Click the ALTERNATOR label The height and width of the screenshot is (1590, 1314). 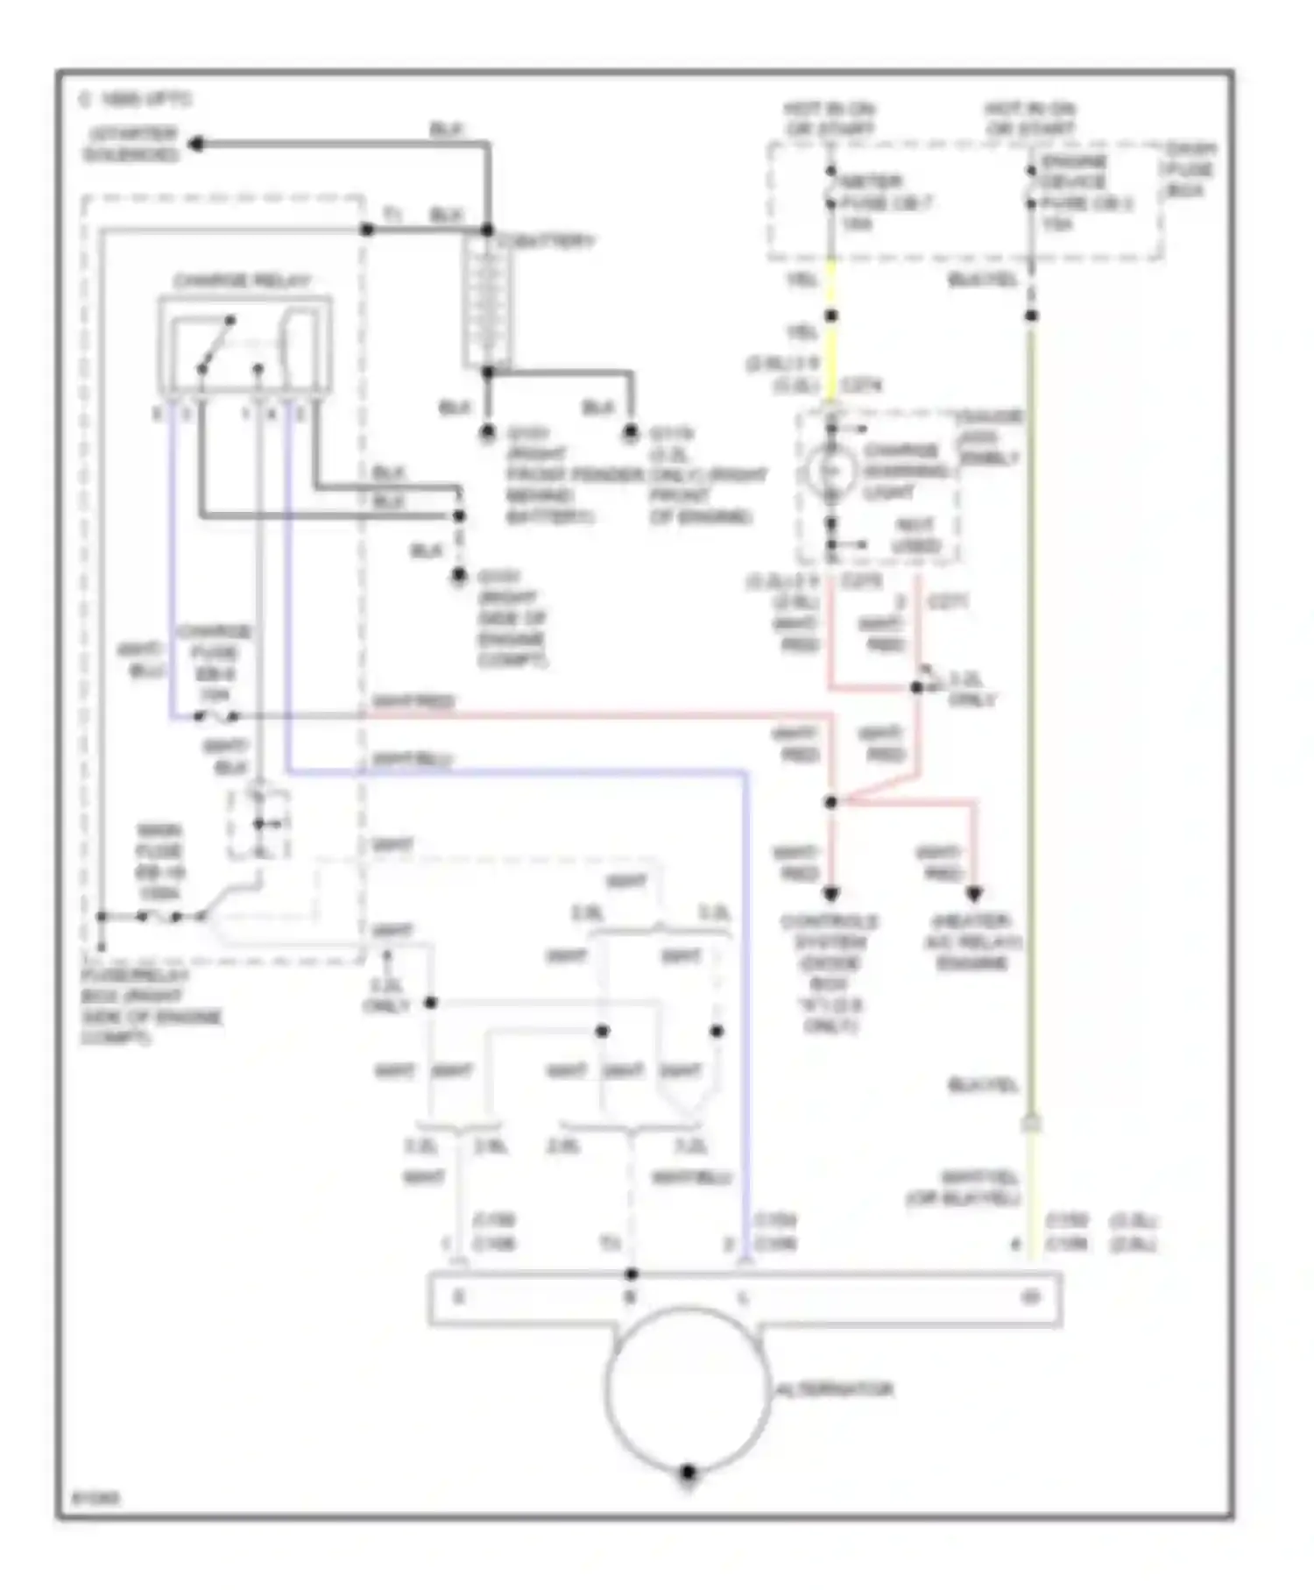[x=835, y=1389]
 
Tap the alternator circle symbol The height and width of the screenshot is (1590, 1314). [x=688, y=1389]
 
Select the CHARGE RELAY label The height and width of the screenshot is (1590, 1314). [x=242, y=282]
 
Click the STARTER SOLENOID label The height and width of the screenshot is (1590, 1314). [x=131, y=145]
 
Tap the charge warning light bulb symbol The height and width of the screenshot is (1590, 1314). [x=830, y=471]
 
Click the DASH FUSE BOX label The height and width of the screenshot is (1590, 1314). [x=1189, y=170]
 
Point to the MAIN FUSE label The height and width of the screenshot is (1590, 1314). [x=159, y=862]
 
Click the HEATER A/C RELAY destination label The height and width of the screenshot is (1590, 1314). [x=972, y=942]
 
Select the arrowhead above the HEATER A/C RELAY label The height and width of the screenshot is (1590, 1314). [x=973, y=894]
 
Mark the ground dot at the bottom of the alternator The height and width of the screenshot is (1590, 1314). [x=688, y=1473]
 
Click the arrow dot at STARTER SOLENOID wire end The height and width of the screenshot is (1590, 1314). [x=198, y=145]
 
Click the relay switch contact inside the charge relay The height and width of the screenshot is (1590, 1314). [x=216, y=344]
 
